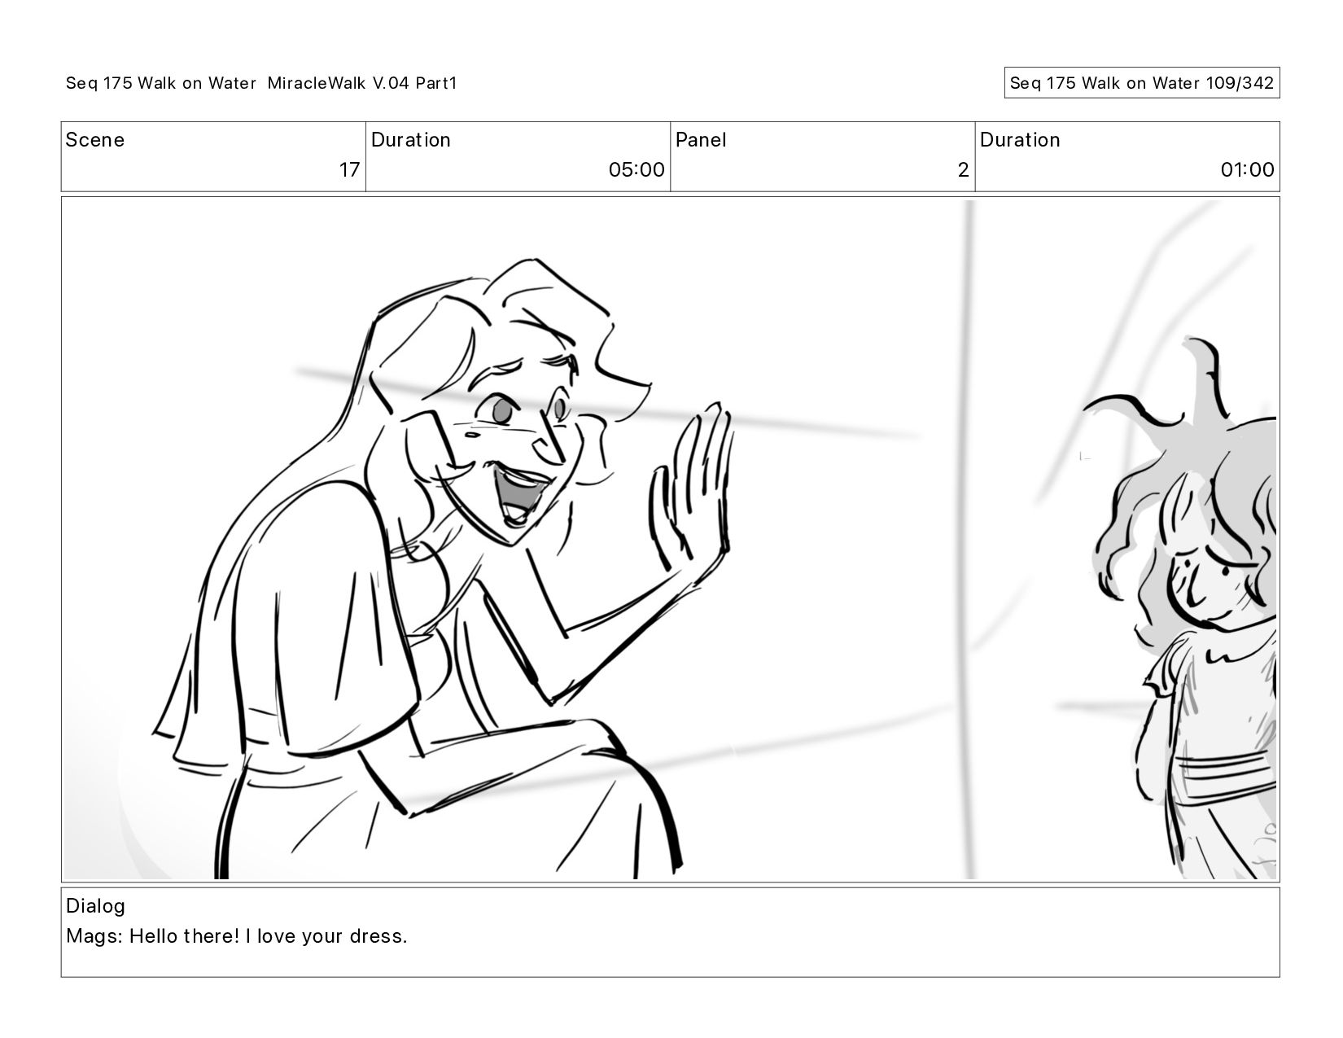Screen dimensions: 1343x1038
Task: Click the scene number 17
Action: pos(349,169)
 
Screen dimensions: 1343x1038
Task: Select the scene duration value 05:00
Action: pos(636,169)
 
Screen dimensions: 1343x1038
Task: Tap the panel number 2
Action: pos(963,169)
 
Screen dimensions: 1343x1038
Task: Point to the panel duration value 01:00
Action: pos(1247,169)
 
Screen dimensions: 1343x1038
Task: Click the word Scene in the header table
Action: pos(94,140)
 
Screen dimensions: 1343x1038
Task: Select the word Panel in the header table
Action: pos(700,140)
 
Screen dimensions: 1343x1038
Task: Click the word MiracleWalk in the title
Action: pos(317,83)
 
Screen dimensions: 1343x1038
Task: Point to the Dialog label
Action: pos(95,906)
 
